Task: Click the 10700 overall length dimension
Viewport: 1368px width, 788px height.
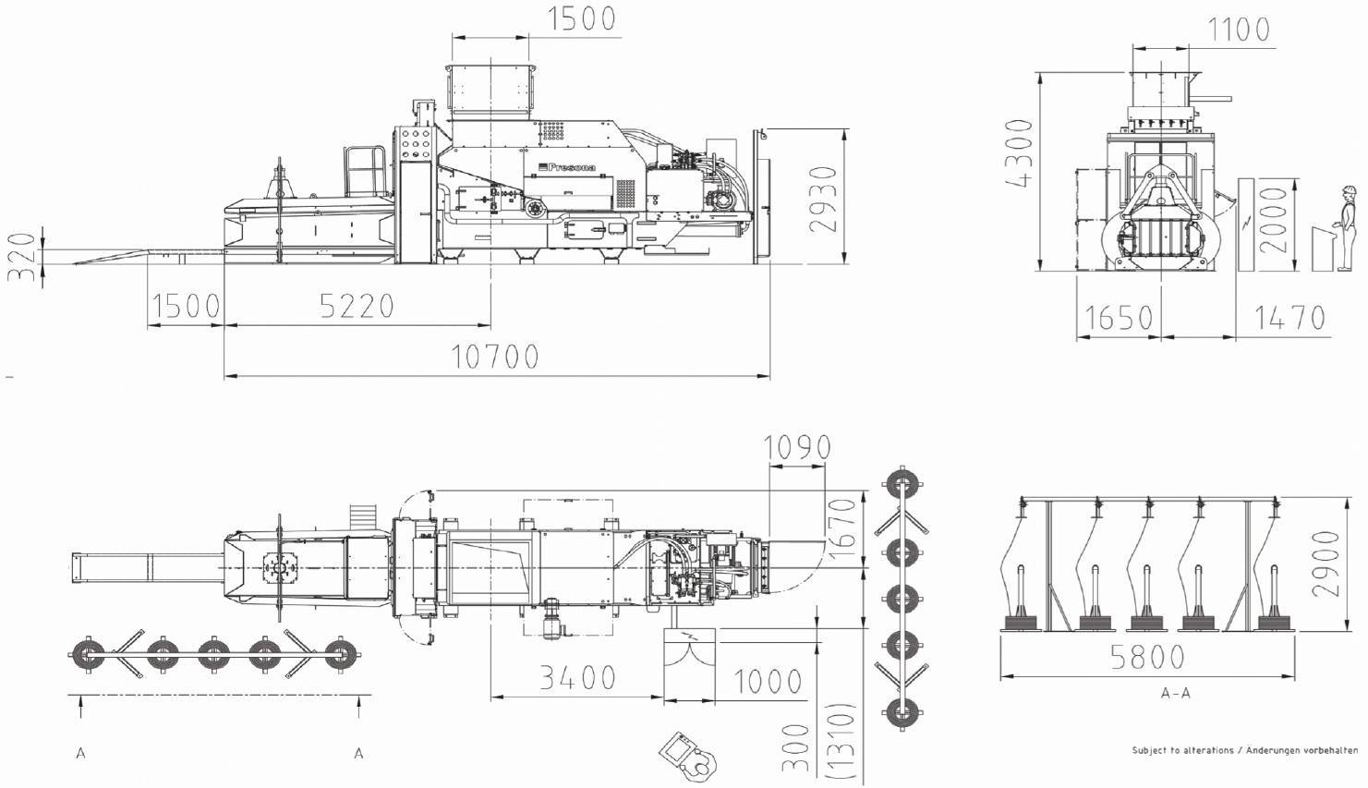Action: [x=495, y=357]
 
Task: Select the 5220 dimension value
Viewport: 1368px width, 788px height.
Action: [x=357, y=306]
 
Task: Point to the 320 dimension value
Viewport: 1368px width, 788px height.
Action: [x=25, y=257]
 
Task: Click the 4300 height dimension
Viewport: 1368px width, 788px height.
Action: [x=1020, y=152]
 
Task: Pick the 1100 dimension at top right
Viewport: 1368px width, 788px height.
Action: [x=1239, y=30]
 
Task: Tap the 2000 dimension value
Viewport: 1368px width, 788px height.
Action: [x=1273, y=221]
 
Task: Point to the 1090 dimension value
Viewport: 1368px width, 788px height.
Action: [x=797, y=448]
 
